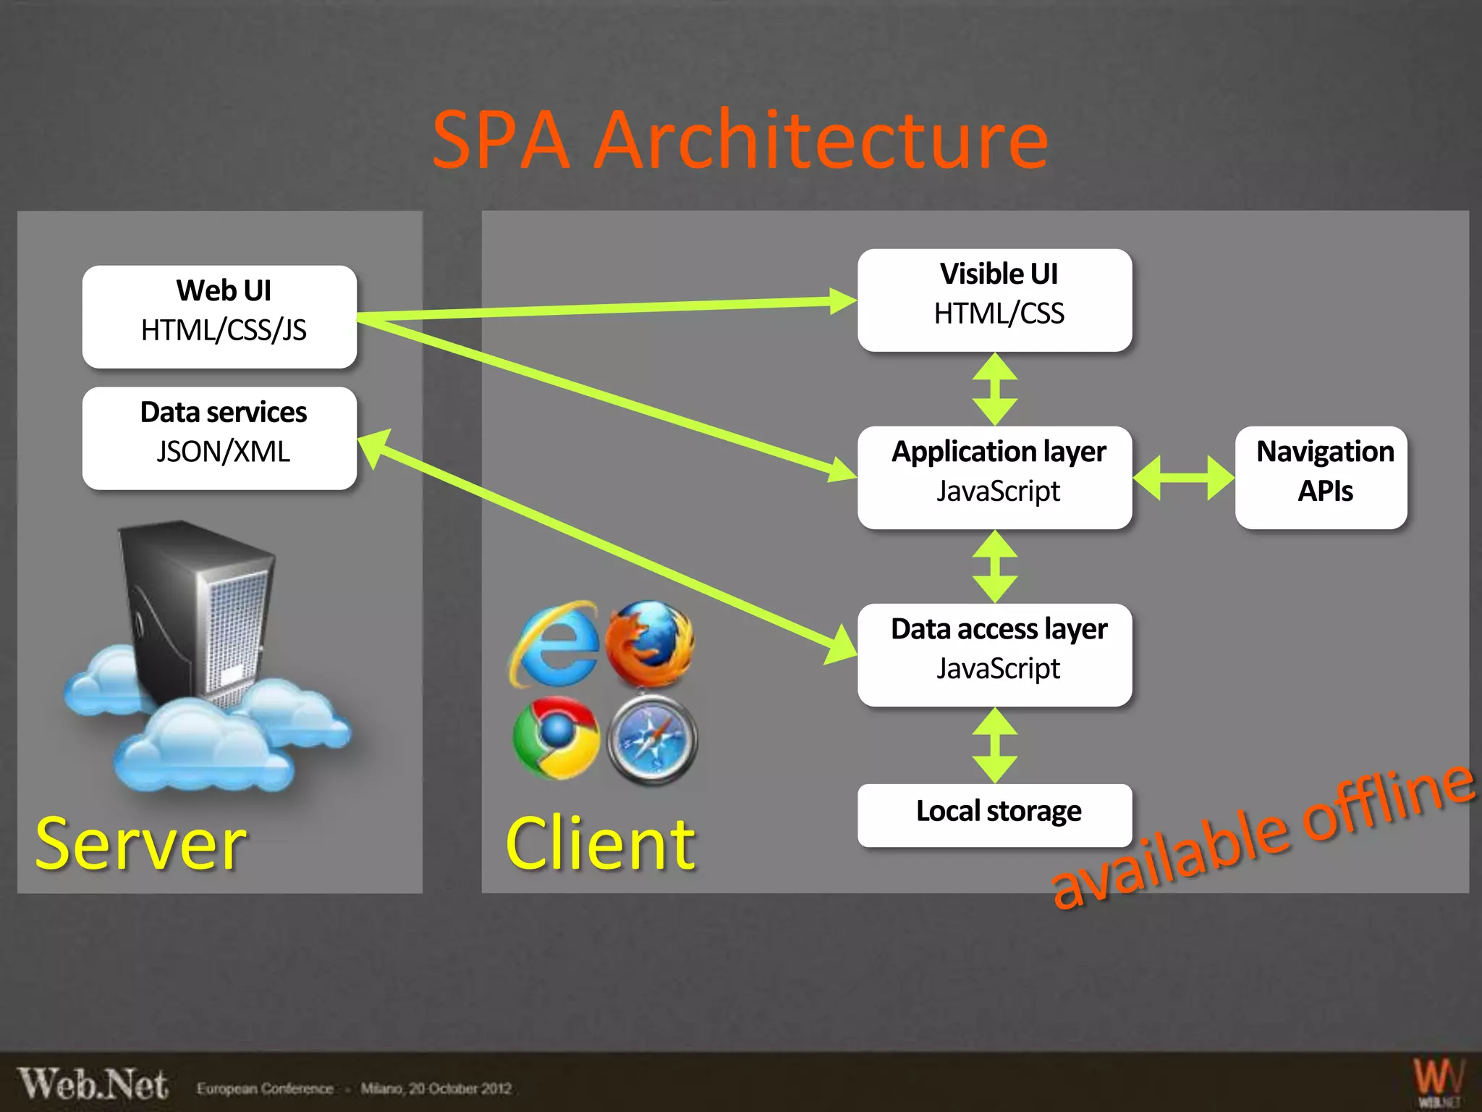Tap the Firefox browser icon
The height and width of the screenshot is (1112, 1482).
(650, 643)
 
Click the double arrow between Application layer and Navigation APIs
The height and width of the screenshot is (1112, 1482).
(1183, 478)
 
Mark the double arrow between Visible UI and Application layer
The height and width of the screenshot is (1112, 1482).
(995, 389)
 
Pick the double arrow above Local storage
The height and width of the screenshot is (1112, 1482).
(995, 745)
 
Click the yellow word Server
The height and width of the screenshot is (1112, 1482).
(141, 843)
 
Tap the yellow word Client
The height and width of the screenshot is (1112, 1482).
(601, 843)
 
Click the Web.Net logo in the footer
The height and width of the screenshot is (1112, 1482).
(93, 1084)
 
